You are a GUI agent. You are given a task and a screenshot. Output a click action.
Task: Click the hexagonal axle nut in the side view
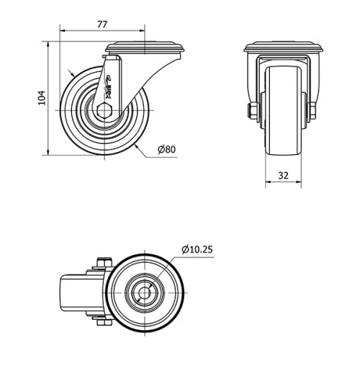104,111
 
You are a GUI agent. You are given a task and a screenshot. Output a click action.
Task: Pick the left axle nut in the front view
253,110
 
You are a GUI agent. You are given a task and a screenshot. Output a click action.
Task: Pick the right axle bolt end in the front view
313,110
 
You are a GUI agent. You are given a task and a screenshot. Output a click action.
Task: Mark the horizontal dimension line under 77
122,32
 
